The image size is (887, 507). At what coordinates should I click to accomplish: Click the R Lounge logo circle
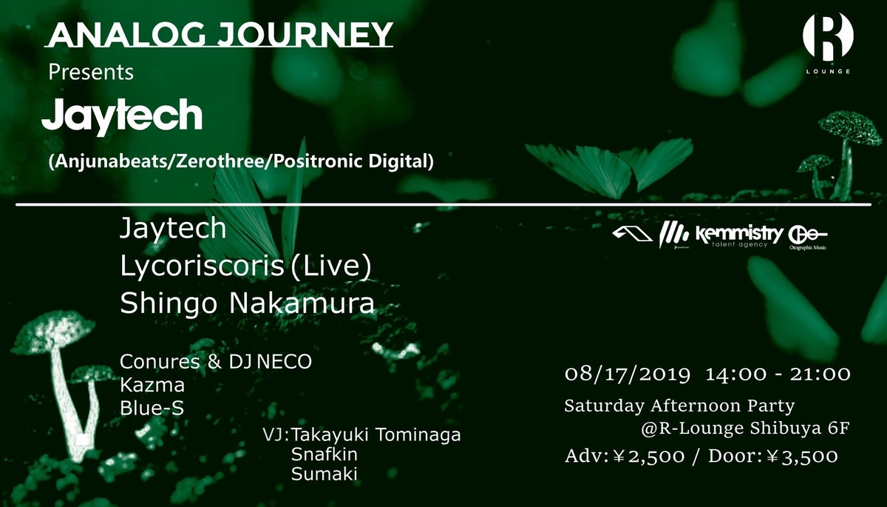pyautogui.click(x=828, y=36)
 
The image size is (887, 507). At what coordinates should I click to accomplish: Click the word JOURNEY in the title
pyautogui.click(x=305, y=35)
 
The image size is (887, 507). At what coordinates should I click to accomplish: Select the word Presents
pyautogui.click(x=91, y=72)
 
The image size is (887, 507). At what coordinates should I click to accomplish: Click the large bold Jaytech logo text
pyautogui.click(x=122, y=115)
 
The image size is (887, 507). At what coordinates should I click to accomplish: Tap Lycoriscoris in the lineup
pyautogui.click(x=202, y=266)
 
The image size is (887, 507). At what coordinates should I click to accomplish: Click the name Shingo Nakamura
pyautogui.click(x=247, y=303)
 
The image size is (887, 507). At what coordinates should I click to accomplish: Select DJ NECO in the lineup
pyautogui.click(x=270, y=361)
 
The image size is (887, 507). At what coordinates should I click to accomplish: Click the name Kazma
pyautogui.click(x=152, y=385)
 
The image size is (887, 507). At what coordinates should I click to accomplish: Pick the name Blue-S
pyautogui.click(x=152, y=408)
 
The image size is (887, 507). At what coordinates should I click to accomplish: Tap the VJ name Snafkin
pyautogui.click(x=324, y=454)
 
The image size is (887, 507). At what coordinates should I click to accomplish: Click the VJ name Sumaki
pyautogui.click(x=324, y=474)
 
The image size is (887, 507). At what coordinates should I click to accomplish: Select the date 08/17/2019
pyautogui.click(x=628, y=375)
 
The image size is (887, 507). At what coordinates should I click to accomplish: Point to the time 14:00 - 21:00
pyautogui.click(x=778, y=375)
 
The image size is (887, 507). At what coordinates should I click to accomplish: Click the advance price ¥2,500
pyautogui.click(x=648, y=456)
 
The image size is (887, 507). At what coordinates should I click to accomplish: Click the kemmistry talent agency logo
pyautogui.click(x=739, y=237)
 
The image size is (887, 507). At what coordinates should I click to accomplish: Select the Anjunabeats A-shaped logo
pyautogui.click(x=632, y=234)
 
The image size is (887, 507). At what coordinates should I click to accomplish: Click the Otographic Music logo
pyautogui.click(x=807, y=238)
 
